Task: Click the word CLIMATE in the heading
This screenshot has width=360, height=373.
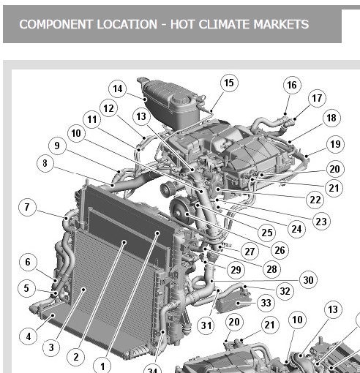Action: click(225, 24)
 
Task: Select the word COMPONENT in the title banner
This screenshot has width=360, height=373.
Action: click(56, 24)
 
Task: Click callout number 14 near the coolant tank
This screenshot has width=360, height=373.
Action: click(118, 88)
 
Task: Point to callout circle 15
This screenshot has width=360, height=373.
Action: click(229, 83)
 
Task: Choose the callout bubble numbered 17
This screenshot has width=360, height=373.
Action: click(317, 98)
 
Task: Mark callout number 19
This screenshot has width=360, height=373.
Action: click(335, 144)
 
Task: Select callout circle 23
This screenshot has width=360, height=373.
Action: click(321, 222)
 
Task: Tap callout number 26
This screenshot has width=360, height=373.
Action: click(280, 250)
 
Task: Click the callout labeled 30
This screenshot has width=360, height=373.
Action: click(308, 280)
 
